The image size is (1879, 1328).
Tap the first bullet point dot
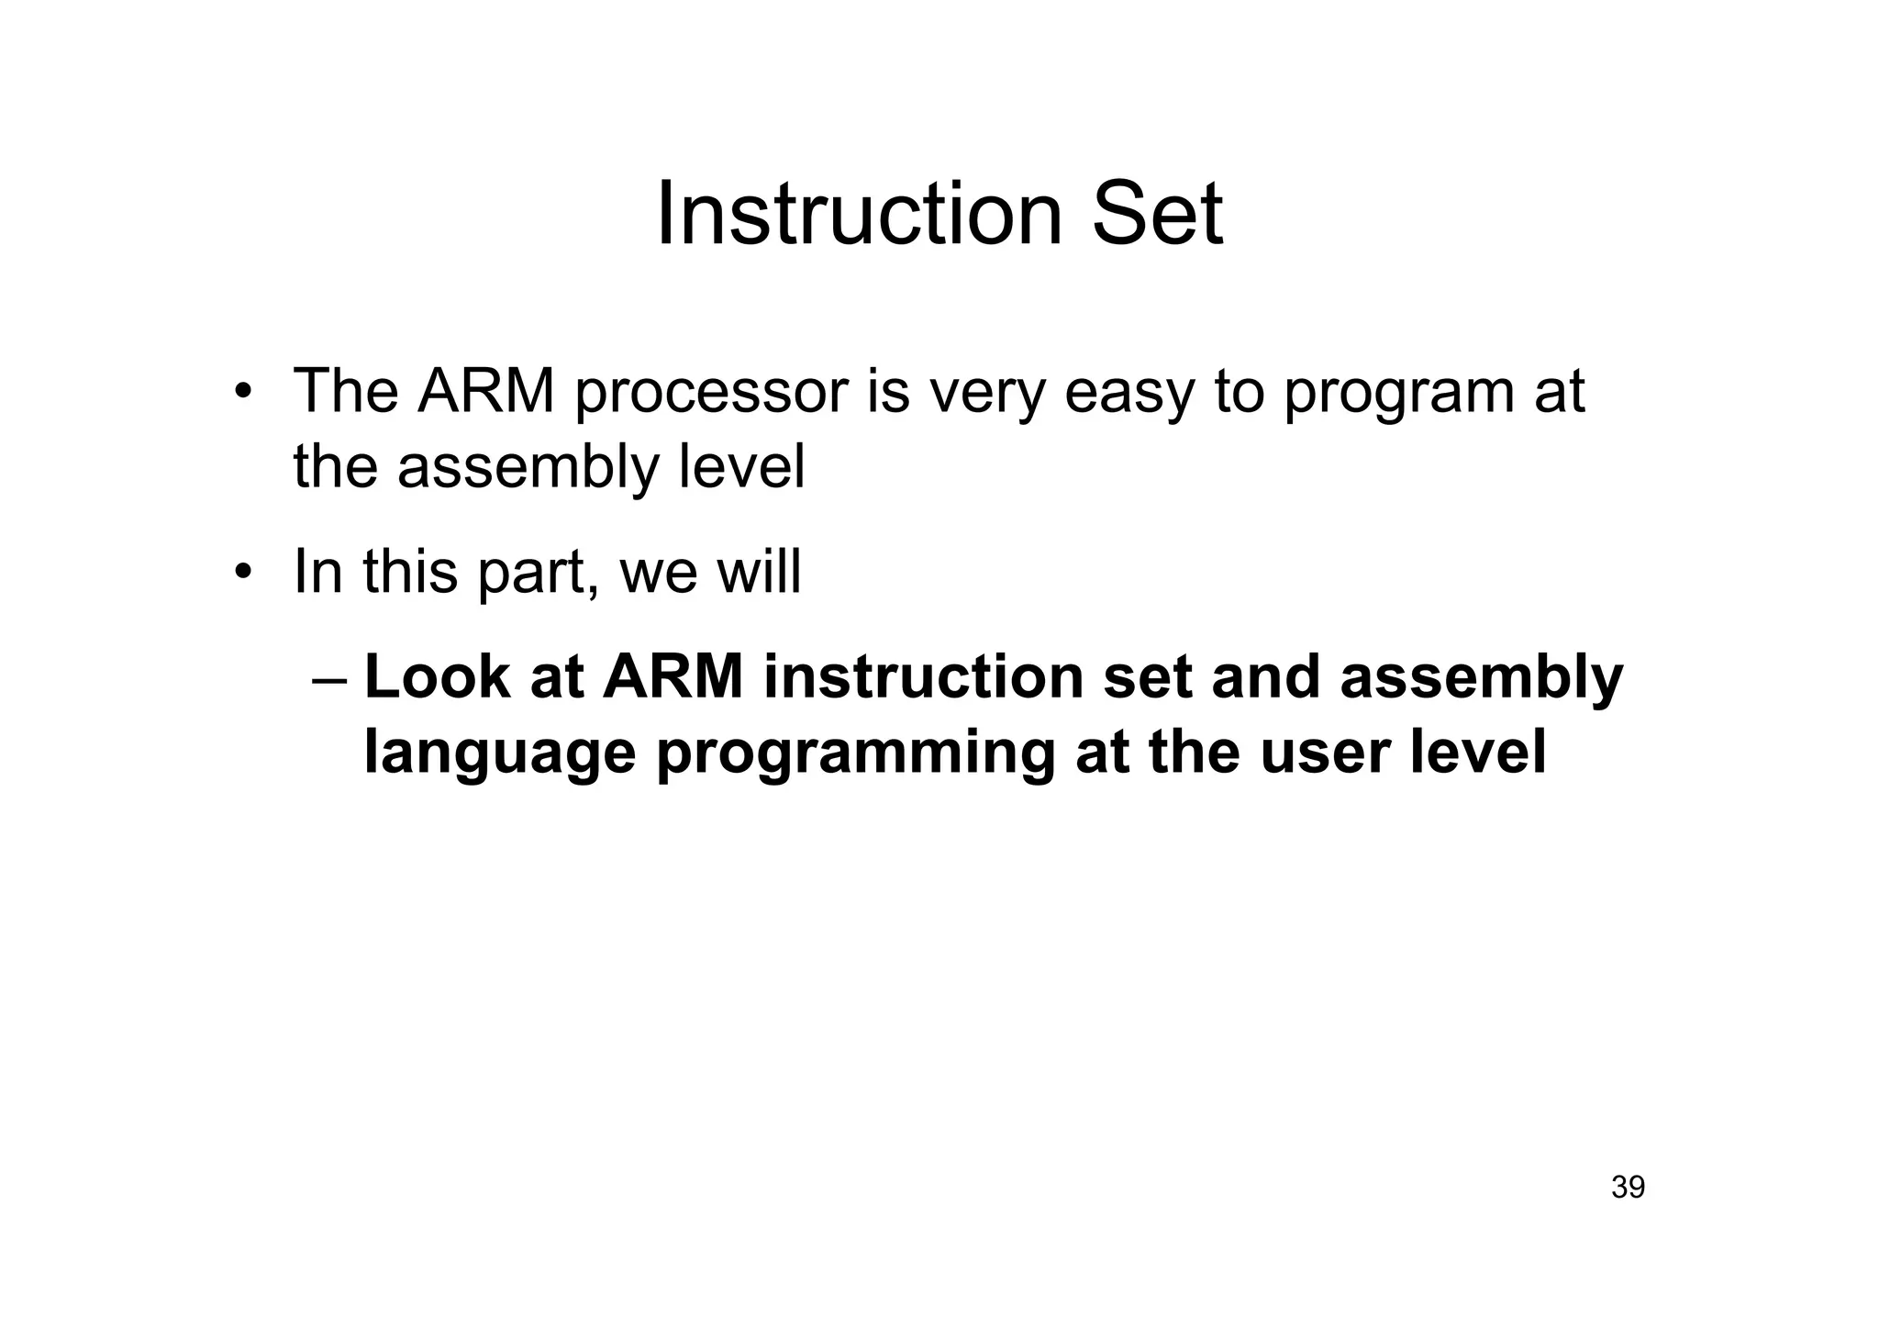point(242,393)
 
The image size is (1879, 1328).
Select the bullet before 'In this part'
point(242,574)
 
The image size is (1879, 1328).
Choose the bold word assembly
point(1481,681)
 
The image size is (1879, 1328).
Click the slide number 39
point(1628,1188)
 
